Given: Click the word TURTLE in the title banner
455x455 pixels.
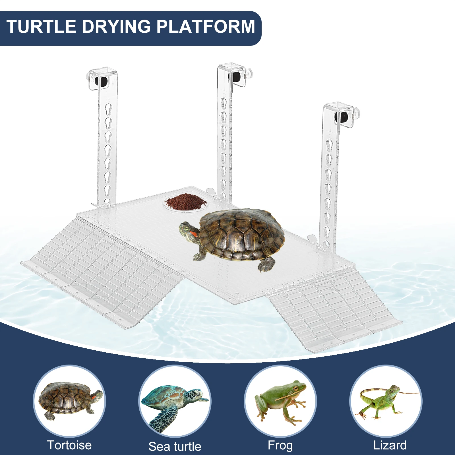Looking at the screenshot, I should tap(41, 27).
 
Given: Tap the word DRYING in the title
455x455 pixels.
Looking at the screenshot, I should tap(116, 27).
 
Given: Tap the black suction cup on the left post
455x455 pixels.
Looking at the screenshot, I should tap(101, 81).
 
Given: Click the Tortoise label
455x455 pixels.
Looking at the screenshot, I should tap(69, 445).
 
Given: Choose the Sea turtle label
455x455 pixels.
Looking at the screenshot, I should tap(175, 446).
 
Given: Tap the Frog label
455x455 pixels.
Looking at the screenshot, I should tap(280, 445).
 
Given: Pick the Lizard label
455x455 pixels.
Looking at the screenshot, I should tap(390, 445).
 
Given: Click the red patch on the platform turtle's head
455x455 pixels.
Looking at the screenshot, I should tap(193, 234).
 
